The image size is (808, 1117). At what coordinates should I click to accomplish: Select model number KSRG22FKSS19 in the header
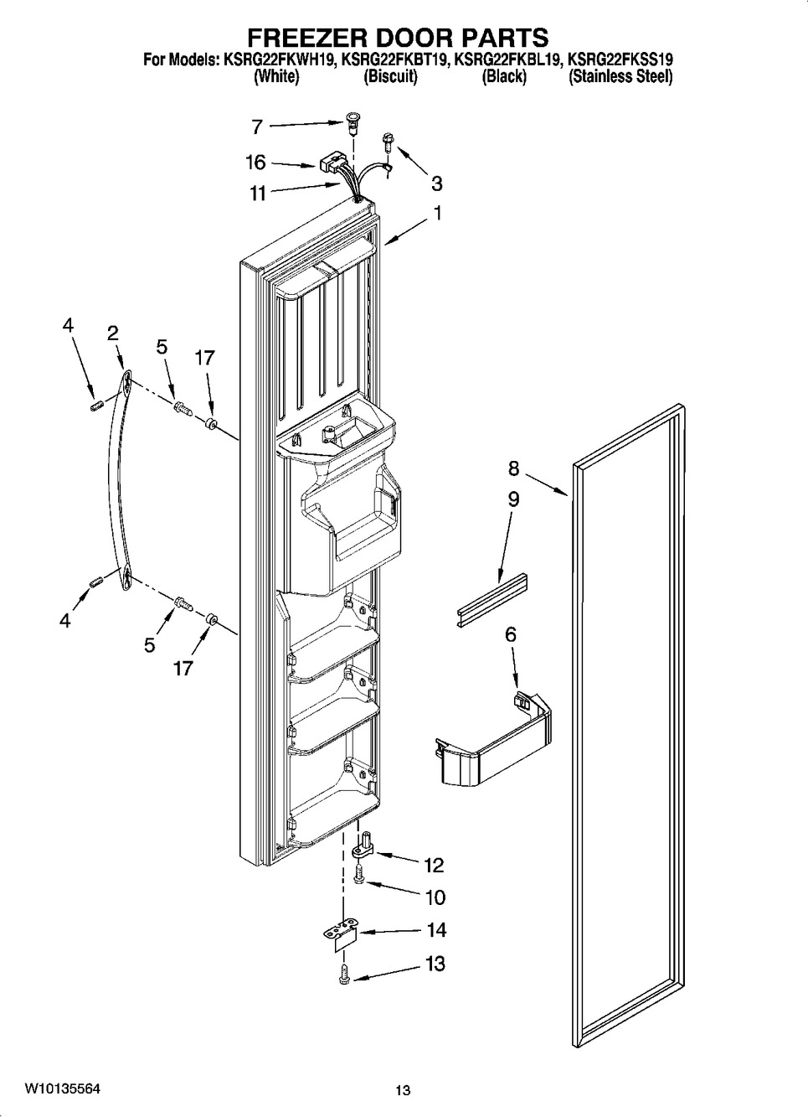(620, 60)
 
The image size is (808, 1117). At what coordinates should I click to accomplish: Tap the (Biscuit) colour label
(390, 77)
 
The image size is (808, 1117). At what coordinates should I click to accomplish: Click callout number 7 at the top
(257, 127)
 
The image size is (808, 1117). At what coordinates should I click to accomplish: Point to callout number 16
(255, 163)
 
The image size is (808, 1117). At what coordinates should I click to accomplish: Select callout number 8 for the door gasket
(514, 468)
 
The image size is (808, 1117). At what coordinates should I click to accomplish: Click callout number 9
(513, 499)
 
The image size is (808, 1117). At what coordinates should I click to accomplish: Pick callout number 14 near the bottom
(435, 930)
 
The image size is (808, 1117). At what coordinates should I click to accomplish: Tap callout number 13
(435, 964)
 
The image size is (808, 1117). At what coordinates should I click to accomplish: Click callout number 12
(434, 865)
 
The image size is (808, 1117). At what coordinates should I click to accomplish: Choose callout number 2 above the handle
(112, 333)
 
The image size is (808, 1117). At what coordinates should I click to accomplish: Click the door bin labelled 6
(494, 742)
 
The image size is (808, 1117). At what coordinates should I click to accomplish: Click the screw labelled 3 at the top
(388, 143)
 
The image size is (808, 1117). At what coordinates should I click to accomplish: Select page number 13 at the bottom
(404, 1090)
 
